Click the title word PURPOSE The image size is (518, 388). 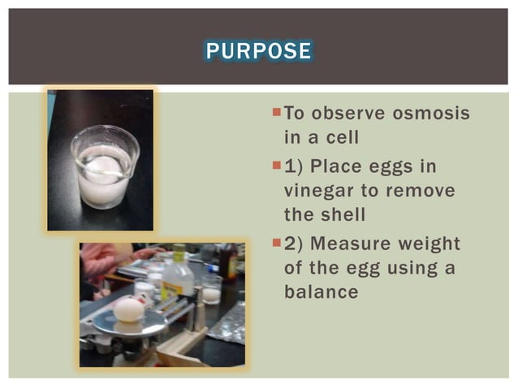click(x=258, y=51)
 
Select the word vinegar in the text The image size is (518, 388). click(x=320, y=192)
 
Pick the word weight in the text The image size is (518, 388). click(x=431, y=244)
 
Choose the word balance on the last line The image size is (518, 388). click(x=321, y=291)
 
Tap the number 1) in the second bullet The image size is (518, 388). click(x=295, y=167)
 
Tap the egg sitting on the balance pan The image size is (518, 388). click(x=128, y=308)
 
